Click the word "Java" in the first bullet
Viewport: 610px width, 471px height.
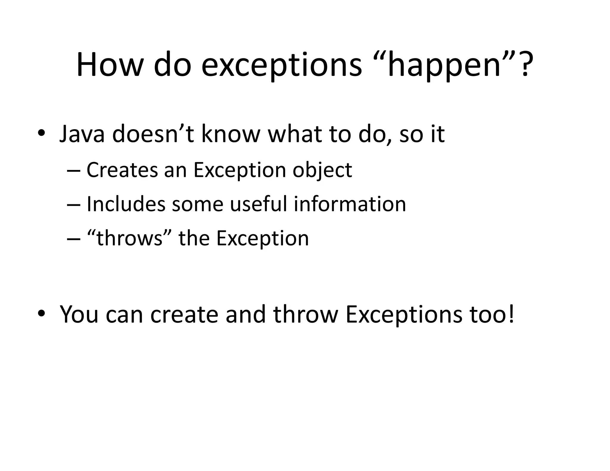tap(82, 134)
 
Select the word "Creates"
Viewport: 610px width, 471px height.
tap(122, 170)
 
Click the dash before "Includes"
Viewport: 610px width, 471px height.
tap(74, 205)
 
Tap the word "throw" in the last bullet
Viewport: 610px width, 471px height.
tap(306, 314)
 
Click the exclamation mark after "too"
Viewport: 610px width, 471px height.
tap(511, 314)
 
